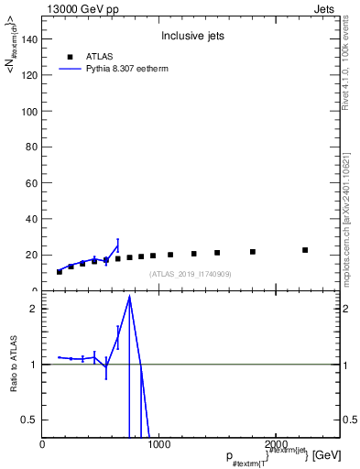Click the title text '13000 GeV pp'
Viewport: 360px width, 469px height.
pyautogui.click(x=77, y=7)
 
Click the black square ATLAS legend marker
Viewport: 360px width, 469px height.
pyautogui.click(x=70, y=56)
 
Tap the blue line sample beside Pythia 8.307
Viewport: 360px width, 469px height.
pyautogui.click(x=70, y=69)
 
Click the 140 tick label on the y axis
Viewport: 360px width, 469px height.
pyautogui.click(x=28, y=39)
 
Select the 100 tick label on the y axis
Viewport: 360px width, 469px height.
pyautogui.click(x=28, y=111)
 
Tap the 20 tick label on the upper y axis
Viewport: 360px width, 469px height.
pyautogui.click(x=31, y=255)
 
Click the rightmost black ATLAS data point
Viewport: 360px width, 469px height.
pyautogui.click(x=305, y=250)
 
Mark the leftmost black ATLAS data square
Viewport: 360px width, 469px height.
pyautogui.click(x=60, y=272)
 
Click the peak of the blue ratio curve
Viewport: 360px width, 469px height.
pyautogui.click(x=130, y=296)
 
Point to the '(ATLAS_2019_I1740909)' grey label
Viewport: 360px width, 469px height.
pyautogui.click(x=191, y=274)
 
